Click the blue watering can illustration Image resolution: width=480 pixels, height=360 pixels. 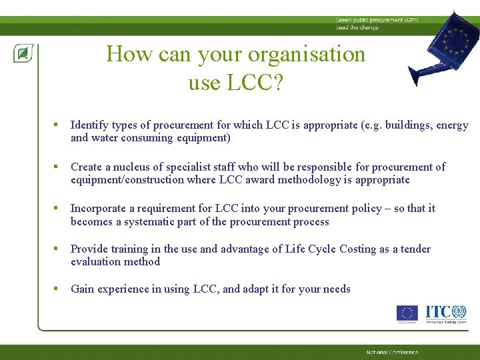[x=440, y=47]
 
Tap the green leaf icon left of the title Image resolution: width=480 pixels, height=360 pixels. [x=23, y=53]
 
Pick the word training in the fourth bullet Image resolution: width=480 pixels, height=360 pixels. [x=130, y=249]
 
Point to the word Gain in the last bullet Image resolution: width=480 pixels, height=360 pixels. [x=83, y=289]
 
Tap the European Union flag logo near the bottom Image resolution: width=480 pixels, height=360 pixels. [x=407, y=313]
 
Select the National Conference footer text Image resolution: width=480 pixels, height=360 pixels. [x=392, y=352]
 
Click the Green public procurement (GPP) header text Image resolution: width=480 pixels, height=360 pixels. [x=367, y=21]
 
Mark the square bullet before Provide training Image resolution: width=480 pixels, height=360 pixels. [x=57, y=249]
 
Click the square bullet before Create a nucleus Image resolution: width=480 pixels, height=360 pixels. [x=57, y=167]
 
